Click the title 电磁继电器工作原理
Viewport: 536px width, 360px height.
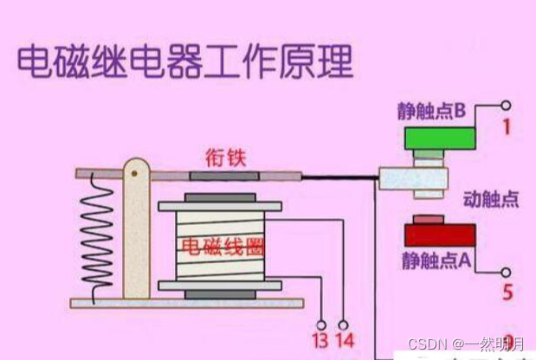[184, 63]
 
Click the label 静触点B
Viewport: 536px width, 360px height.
[432, 112]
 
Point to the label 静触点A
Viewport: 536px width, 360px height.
[434, 259]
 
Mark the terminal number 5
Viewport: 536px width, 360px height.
[507, 292]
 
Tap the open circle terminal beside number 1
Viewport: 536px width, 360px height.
[506, 106]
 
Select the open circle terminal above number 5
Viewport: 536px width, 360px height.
[506, 272]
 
